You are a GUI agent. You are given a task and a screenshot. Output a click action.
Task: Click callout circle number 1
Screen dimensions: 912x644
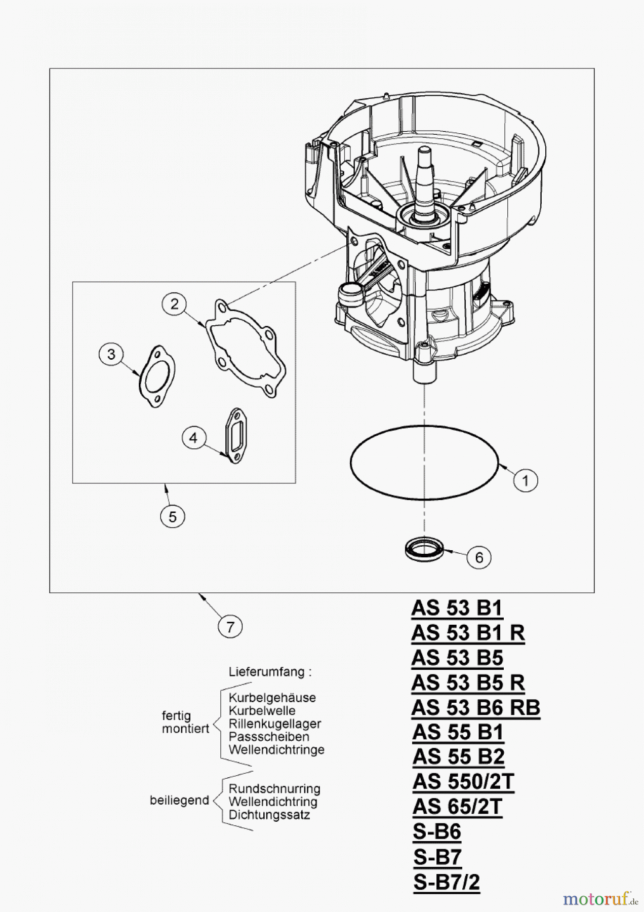(x=525, y=480)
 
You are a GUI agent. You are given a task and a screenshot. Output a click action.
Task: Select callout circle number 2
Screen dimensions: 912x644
(x=175, y=304)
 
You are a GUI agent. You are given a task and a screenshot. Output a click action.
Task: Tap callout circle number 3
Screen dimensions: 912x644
(x=111, y=354)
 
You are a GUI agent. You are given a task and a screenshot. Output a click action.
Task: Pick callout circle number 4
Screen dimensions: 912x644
(x=193, y=437)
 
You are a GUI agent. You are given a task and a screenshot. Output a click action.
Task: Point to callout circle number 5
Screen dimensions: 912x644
(x=173, y=517)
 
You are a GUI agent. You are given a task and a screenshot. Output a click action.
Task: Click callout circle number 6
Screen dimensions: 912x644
(x=478, y=557)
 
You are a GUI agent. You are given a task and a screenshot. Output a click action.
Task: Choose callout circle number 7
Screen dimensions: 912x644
(x=230, y=627)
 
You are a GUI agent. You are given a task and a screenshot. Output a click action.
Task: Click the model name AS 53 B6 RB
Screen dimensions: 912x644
(x=475, y=707)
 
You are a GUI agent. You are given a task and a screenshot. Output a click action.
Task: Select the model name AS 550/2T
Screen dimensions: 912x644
(x=463, y=782)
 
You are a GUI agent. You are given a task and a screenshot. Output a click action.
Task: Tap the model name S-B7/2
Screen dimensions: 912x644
(x=446, y=882)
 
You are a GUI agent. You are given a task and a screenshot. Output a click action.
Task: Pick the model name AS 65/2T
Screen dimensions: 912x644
(x=457, y=807)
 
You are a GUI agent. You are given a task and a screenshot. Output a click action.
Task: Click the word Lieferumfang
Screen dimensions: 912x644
(x=269, y=672)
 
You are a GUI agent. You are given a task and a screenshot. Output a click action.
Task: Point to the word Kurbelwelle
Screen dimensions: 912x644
(x=262, y=710)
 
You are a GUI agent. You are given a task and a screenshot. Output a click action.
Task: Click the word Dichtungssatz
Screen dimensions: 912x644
(x=269, y=815)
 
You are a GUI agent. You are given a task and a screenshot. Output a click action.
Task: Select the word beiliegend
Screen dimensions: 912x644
(x=179, y=801)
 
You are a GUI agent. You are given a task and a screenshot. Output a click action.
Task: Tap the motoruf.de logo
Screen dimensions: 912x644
(x=600, y=899)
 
